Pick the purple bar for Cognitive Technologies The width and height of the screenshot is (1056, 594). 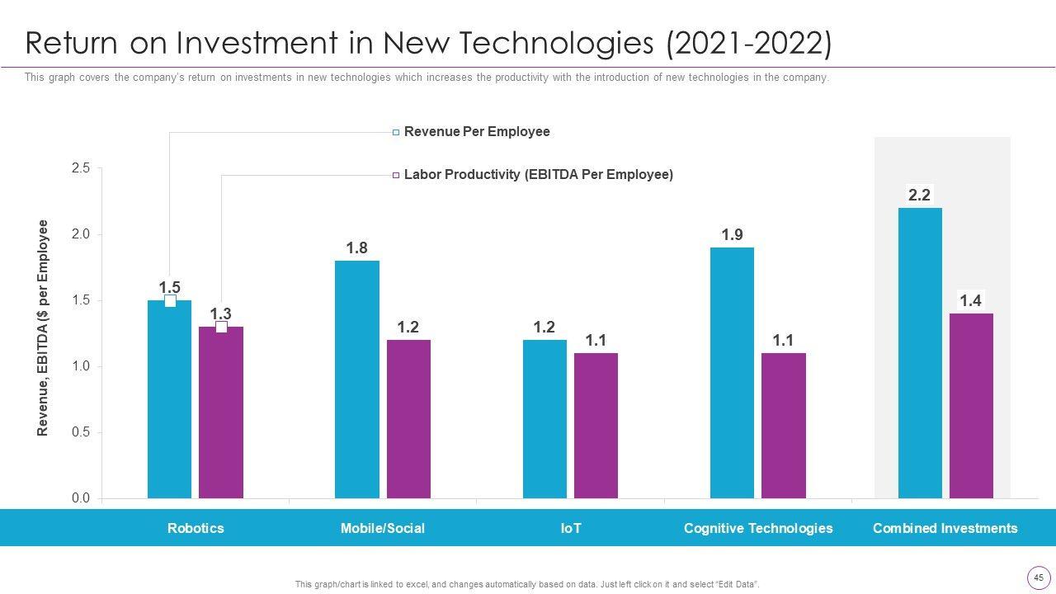click(783, 426)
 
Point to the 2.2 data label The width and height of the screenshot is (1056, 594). click(919, 196)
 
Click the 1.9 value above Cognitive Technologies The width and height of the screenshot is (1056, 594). click(732, 235)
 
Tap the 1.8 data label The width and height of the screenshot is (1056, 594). click(356, 248)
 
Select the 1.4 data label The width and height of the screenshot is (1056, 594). click(970, 301)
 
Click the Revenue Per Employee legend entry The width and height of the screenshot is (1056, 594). click(476, 132)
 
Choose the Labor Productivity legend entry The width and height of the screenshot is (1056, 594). click(538, 175)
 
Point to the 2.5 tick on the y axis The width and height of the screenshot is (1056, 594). click(81, 168)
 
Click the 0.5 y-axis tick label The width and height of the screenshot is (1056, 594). click(81, 432)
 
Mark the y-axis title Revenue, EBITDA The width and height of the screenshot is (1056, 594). click(43, 328)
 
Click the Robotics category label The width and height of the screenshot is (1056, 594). click(196, 528)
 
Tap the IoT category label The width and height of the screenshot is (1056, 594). click(571, 528)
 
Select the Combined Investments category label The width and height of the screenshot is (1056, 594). click(945, 528)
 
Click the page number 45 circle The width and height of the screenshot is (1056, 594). click(1038, 577)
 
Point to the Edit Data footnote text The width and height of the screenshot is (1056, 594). click(527, 584)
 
